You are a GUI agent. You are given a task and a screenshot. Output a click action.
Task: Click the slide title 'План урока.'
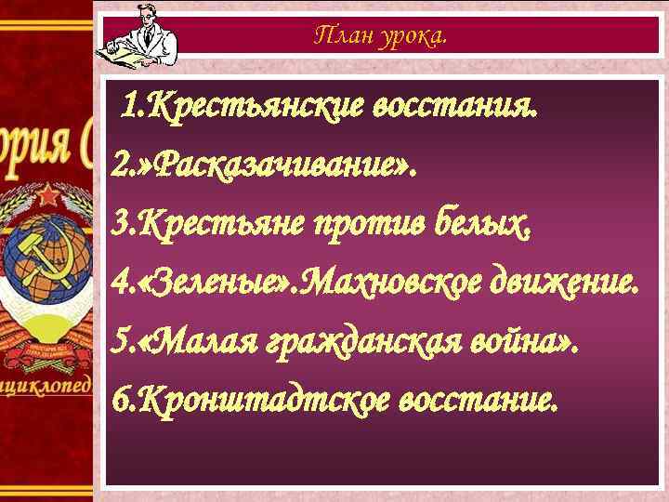point(380,36)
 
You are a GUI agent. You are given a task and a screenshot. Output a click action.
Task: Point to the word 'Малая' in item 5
point(201,342)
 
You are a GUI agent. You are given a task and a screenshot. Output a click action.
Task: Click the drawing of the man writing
point(135,34)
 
